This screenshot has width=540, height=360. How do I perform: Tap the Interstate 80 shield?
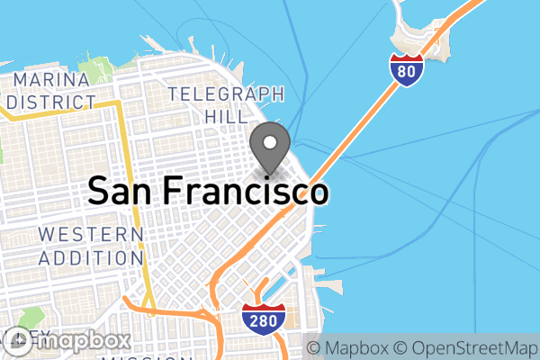point(407,71)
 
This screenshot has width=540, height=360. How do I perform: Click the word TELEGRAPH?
point(226,94)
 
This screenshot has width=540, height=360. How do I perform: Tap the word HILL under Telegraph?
point(226,116)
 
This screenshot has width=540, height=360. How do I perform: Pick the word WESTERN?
point(91,236)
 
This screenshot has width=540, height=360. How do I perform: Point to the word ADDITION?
point(91,257)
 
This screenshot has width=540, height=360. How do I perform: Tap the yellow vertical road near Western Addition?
point(134,207)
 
